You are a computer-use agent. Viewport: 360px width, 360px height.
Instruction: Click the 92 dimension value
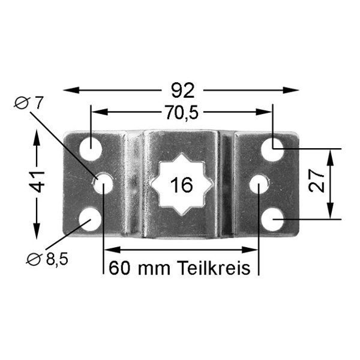click(x=183, y=91)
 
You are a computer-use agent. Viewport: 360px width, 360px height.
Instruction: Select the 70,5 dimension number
click(x=182, y=113)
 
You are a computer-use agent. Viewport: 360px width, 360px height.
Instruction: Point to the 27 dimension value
click(x=317, y=181)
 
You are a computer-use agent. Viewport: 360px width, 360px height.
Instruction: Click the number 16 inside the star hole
click(x=182, y=185)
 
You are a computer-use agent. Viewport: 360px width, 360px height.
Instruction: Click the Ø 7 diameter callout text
click(x=29, y=103)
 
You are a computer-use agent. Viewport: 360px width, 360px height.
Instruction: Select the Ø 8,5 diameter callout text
click(x=47, y=259)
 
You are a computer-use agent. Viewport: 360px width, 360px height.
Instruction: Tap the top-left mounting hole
click(x=91, y=149)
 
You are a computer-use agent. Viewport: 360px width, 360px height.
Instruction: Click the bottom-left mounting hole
click(x=90, y=220)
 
